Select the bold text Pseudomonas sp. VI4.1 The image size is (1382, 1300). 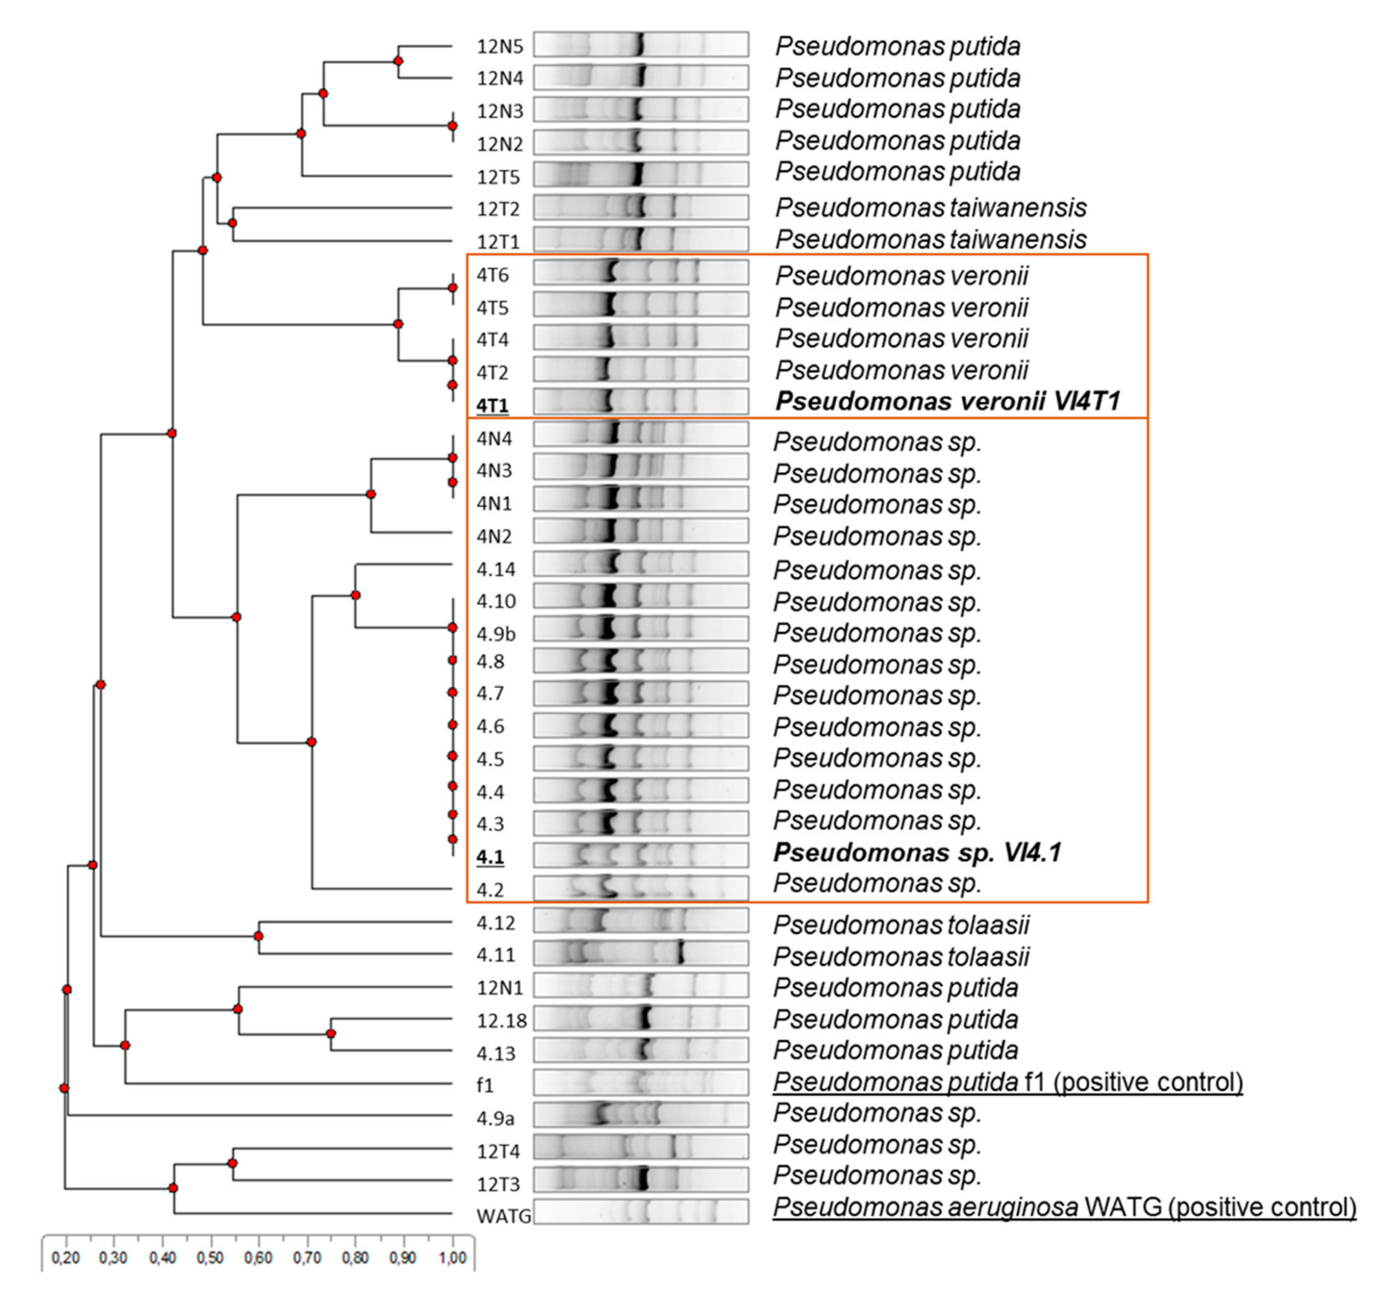point(917,852)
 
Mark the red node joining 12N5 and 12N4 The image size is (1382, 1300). point(398,61)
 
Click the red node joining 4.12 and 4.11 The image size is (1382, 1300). point(258,937)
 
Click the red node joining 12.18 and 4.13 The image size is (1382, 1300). point(331,1034)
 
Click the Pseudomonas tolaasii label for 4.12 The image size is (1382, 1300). point(901,925)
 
